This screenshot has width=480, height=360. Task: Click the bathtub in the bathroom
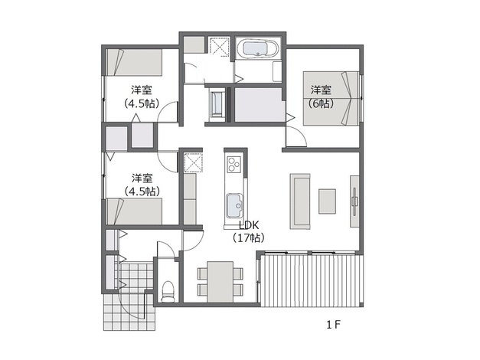(257, 48)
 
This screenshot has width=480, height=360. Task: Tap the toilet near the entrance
(168, 292)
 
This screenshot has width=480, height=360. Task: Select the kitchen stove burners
(234, 164)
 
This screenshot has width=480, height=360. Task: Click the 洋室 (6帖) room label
(321, 97)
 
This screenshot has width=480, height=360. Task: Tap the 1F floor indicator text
(333, 325)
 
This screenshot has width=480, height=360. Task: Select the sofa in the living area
(300, 201)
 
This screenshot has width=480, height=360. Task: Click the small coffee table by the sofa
(327, 201)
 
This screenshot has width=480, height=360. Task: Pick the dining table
(220, 282)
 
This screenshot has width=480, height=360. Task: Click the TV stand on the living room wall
(354, 201)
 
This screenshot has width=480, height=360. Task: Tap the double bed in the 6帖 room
(331, 98)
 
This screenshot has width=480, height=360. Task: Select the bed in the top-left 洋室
(134, 62)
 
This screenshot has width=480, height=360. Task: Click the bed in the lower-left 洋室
(134, 211)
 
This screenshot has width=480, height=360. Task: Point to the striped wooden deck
(312, 280)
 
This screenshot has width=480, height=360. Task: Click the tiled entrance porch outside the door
(129, 312)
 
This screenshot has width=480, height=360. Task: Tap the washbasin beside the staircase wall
(217, 103)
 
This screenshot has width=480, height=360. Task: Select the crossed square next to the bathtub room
(219, 47)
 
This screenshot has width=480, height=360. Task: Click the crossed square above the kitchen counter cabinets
(193, 162)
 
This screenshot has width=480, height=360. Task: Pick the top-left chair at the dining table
(203, 273)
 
